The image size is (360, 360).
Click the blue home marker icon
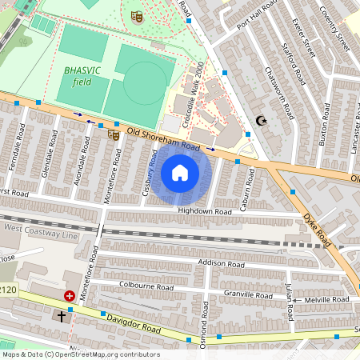(180, 173)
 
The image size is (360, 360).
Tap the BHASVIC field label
(82, 76)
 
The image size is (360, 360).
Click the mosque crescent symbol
(259, 122)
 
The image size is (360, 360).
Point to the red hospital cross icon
(70, 296)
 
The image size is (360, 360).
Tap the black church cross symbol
(62, 315)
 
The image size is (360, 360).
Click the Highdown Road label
(204, 211)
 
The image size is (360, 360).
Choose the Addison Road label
(221, 263)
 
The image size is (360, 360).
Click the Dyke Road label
(317, 228)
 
